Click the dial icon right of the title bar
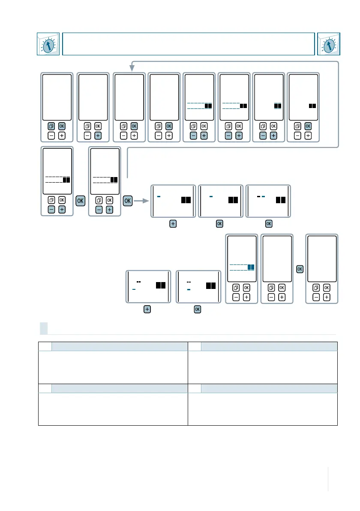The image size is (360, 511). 328,44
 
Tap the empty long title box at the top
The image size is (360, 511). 189,44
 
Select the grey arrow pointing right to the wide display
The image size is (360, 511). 142,200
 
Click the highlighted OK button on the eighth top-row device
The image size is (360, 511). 308,126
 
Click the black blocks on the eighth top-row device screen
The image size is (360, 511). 312,105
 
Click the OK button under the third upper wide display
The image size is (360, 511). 269,224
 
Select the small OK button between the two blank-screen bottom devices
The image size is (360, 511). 300,269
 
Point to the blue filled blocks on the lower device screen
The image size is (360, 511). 251,267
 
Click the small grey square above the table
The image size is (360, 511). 44,328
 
